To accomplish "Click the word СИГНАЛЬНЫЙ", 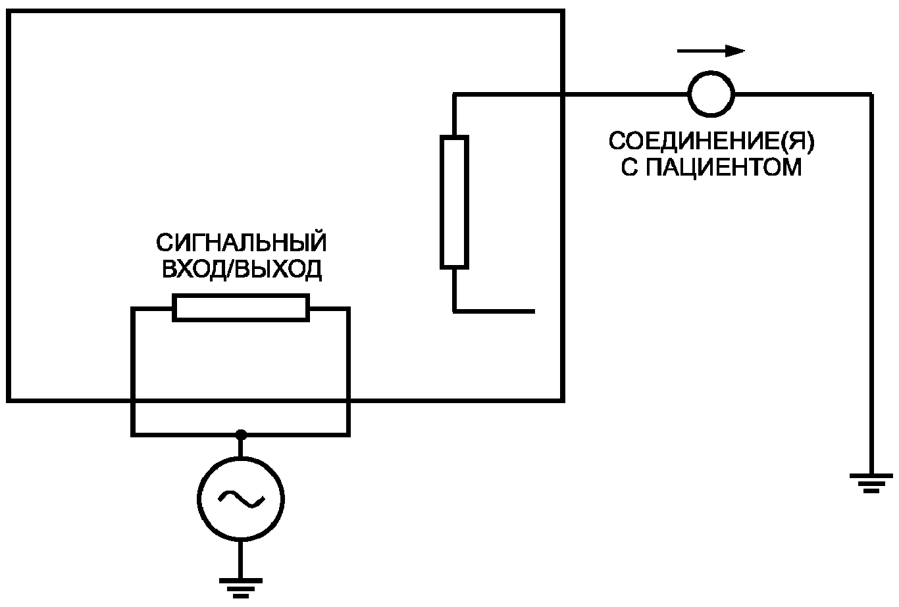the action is (242, 243).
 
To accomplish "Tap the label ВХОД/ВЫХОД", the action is (242, 269).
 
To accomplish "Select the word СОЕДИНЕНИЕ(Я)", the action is (711, 141).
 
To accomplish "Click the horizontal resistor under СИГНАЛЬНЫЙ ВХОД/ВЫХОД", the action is (241, 308).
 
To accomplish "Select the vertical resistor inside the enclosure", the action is (454, 202).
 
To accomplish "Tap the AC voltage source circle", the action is (241, 499).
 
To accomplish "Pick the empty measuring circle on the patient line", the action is (711, 94).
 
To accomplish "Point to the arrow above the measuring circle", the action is (711, 51).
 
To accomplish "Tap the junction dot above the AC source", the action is (241, 435).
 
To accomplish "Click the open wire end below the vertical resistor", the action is (534, 311).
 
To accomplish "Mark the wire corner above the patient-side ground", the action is (871, 95).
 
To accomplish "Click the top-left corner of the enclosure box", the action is (9, 11).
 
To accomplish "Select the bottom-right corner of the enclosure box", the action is (563, 400).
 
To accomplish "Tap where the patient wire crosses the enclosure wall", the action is (563, 95).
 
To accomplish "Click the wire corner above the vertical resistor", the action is (454, 95).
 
